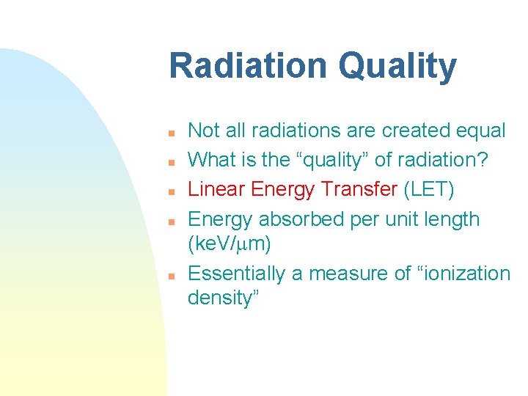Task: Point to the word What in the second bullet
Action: (211, 161)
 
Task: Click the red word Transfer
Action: (362, 190)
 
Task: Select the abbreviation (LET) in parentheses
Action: (429, 190)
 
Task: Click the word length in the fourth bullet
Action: (450, 219)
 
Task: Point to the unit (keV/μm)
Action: (230, 244)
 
